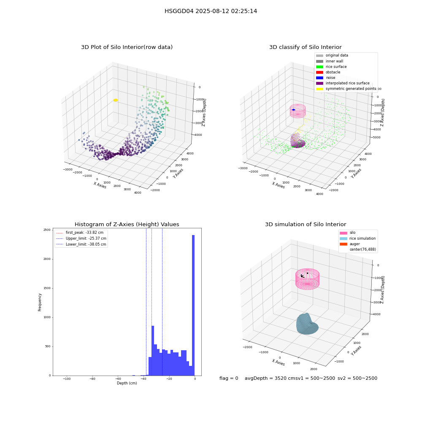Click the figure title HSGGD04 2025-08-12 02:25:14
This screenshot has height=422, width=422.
click(211, 11)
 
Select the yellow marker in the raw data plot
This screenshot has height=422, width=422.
click(116, 100)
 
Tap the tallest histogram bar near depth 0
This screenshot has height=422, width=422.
click(193, 305)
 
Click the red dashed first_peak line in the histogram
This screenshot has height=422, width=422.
click(151, 302)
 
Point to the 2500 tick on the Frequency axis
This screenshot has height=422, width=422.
click(47, 230)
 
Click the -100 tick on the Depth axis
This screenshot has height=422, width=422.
click(67, 379)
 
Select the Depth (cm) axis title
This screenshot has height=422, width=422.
click(127, 383)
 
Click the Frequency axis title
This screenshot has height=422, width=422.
click(40, 302)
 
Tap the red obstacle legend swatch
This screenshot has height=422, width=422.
click(319, 72)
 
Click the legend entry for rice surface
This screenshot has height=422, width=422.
click(336, 67)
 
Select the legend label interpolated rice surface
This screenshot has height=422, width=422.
click(347, 83)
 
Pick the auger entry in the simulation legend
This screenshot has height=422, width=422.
click(354, 244)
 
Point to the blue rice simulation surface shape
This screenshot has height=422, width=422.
click(307, 324)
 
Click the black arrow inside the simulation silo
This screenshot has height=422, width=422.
click(303, 276)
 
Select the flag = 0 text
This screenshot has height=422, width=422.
click(229, 378)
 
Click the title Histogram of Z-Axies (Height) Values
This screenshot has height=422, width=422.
click(127, 224)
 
